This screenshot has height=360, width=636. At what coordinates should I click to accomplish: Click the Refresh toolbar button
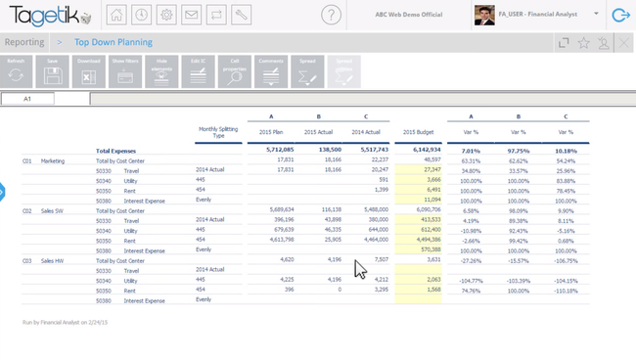point(17,71)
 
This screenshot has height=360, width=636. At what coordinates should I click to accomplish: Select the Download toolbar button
point(88,71)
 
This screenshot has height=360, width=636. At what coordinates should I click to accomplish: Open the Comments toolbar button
point(271,71)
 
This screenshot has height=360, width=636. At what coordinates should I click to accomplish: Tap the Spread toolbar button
point(307,71)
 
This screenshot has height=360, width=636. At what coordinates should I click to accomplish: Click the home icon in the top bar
point(116,15)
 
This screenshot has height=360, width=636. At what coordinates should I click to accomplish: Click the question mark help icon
point(331,15)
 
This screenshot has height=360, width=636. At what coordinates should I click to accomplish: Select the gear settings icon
point(166,15)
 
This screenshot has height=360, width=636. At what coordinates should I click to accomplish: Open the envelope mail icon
point(192,15)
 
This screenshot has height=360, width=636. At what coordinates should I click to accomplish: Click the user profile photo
point(484,15)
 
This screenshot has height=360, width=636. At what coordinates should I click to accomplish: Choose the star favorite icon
point(584,43)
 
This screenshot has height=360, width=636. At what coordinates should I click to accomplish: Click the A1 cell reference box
point(27,99)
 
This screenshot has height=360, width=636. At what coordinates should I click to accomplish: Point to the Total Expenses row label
point(116,151)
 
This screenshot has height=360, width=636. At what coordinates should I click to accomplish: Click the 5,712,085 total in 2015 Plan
point(279,151)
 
